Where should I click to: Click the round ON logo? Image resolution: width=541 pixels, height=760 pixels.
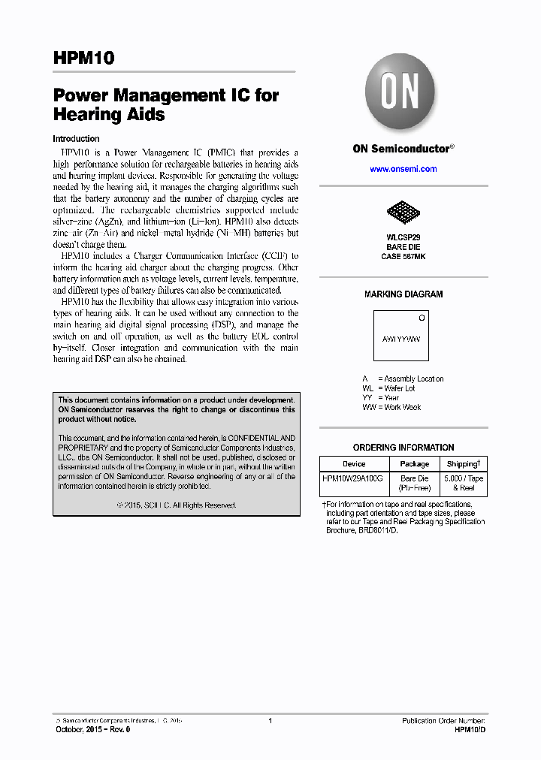coord(400,95)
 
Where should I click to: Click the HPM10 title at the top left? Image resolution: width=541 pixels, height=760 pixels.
coord(83,59)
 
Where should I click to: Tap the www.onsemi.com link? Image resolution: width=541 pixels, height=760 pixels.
coord(403,169)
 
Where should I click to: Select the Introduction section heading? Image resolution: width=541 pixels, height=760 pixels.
coord(76,139)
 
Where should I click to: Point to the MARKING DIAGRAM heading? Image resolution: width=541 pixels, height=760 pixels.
coord(403,294)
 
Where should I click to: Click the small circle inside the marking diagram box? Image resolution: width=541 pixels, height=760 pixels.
coord(422,318)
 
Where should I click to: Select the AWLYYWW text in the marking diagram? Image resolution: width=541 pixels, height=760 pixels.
coord(401,339)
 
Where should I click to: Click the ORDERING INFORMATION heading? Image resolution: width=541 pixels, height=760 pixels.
coord(403,448)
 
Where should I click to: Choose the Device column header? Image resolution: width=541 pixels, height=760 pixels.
coord(354,464)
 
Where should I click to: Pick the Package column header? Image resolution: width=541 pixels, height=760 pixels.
coord(414,464)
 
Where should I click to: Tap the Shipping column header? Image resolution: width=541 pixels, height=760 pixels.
coord(463,464)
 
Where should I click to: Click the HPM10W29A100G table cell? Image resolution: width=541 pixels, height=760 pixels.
coord(352,478)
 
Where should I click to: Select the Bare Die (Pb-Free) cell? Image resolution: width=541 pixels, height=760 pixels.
coord(414,483)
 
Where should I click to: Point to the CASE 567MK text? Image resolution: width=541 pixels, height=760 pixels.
coord(403,256)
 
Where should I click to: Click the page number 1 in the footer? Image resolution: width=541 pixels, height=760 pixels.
coord(270,720)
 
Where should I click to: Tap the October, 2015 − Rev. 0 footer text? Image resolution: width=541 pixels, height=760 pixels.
coord(93,730)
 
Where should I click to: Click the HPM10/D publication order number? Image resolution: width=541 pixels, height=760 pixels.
coord(470,730)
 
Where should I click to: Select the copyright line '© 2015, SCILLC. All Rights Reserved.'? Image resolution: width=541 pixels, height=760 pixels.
coord(177,505)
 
